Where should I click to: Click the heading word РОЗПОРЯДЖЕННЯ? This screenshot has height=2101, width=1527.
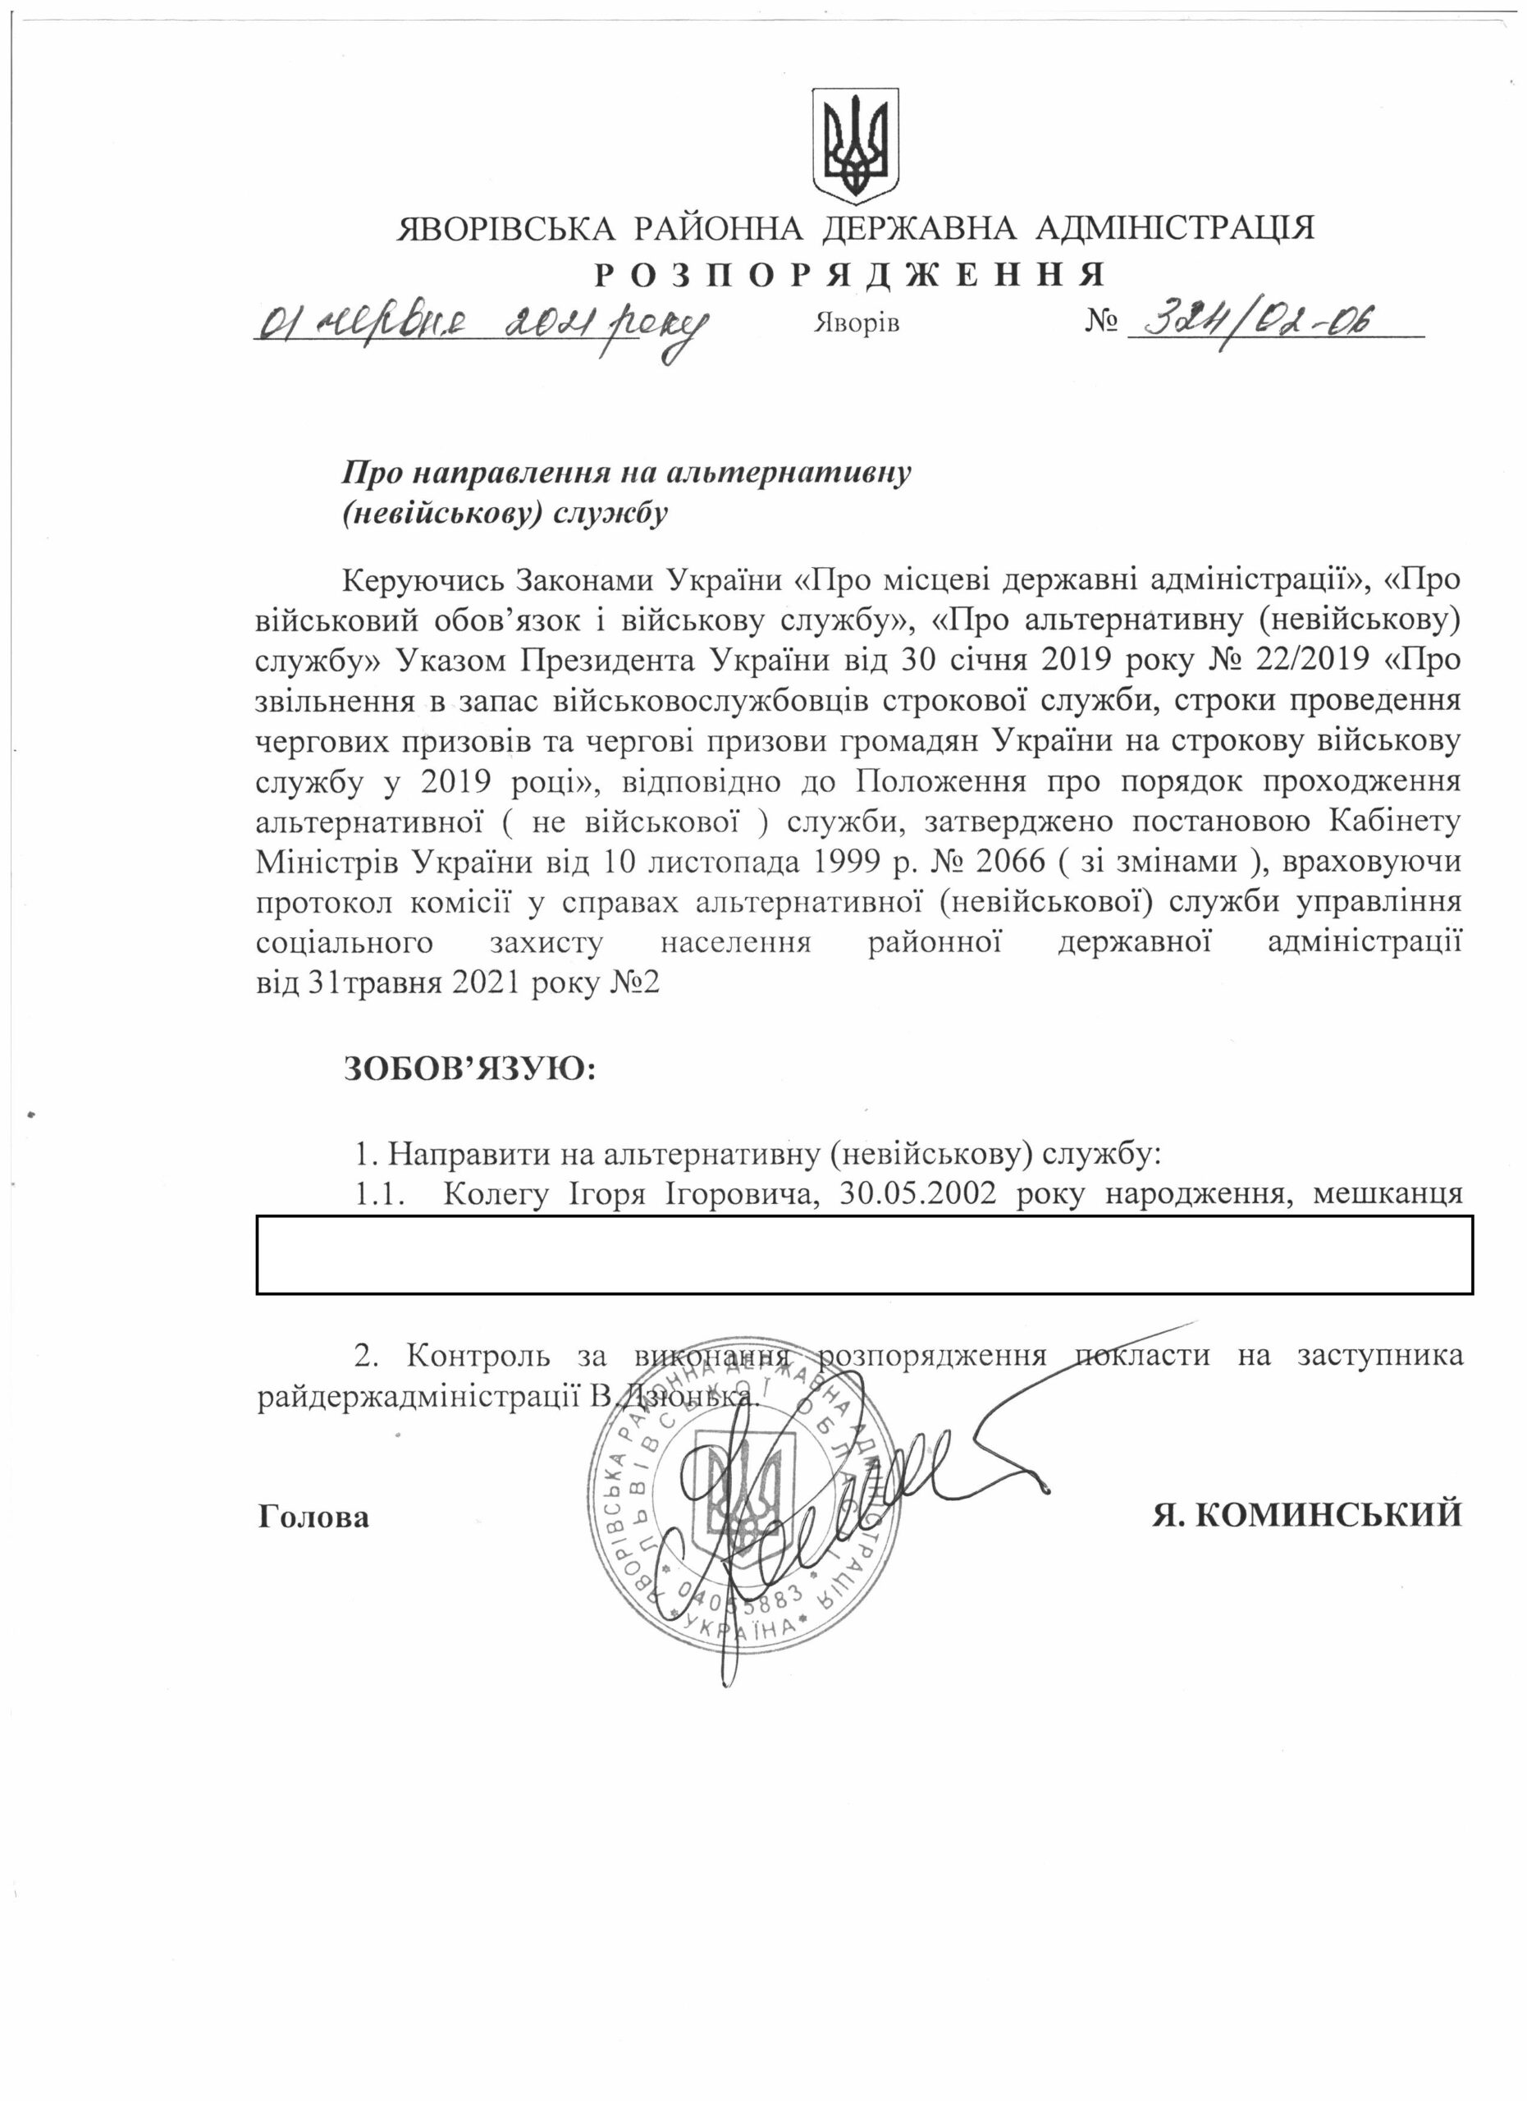coord(849,275)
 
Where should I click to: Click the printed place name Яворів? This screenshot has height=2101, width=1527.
coord(857,324)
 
